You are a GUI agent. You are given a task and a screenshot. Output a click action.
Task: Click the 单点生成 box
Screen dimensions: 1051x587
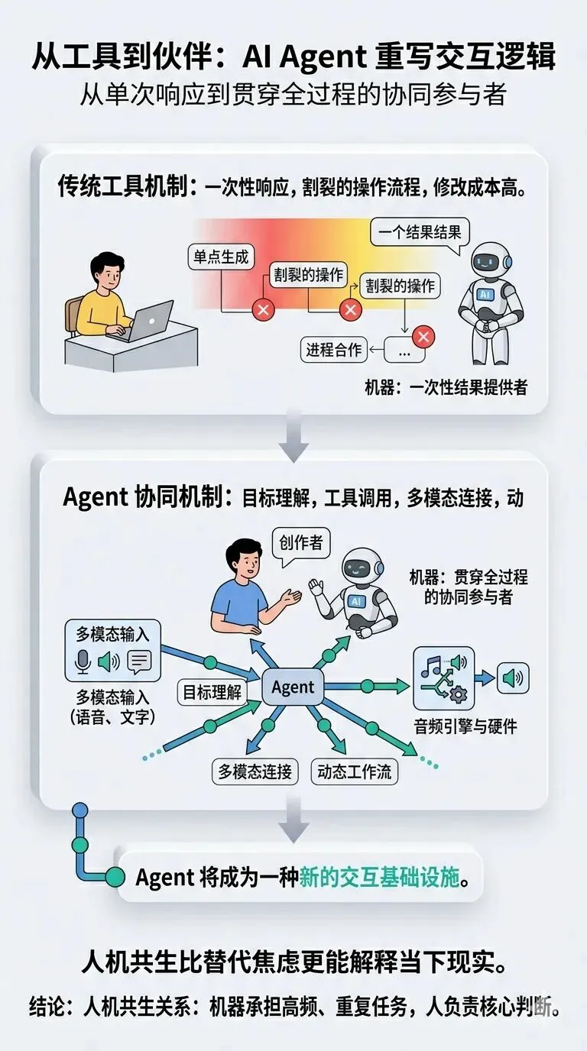pyautogui.click(x=220, y=257)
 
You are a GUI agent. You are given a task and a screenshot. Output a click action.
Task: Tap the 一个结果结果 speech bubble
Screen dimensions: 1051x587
pyautogui.click(x=420, y=231)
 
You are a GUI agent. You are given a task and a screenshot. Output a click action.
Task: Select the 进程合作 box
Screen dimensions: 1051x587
pyautogui.click(x=334, y=351)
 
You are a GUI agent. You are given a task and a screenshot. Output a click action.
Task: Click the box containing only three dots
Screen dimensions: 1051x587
pyautogui.click(x=404, y=351)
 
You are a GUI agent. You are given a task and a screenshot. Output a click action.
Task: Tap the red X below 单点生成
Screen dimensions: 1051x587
pyautogui.click(x=263, y=310)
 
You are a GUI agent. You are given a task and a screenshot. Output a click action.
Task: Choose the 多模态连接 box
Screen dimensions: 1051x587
pyautogui.click(x=255, y=771)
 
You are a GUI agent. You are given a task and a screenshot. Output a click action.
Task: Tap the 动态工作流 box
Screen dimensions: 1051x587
pyautogui.click(x=354, y=771)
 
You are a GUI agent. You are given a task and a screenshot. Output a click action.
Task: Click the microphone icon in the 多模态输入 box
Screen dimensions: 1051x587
pyautogui.click(x=83, y=661)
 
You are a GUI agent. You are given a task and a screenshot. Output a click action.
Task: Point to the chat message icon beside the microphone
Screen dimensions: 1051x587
pyautogui.click(x=139, y=661)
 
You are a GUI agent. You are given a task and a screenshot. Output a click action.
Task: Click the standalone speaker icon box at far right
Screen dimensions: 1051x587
pyautogui.click(x=513, y=677)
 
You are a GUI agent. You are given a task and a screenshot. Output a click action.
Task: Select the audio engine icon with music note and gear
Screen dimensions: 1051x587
pyautogui.click(x=443, y=677)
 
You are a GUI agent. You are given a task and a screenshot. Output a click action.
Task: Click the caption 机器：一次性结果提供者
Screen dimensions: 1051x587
pyautogui.click(x=446, y=387)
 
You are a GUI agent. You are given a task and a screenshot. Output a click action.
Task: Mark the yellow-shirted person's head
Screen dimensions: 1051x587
pyautogui.click(x=106, y=269)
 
